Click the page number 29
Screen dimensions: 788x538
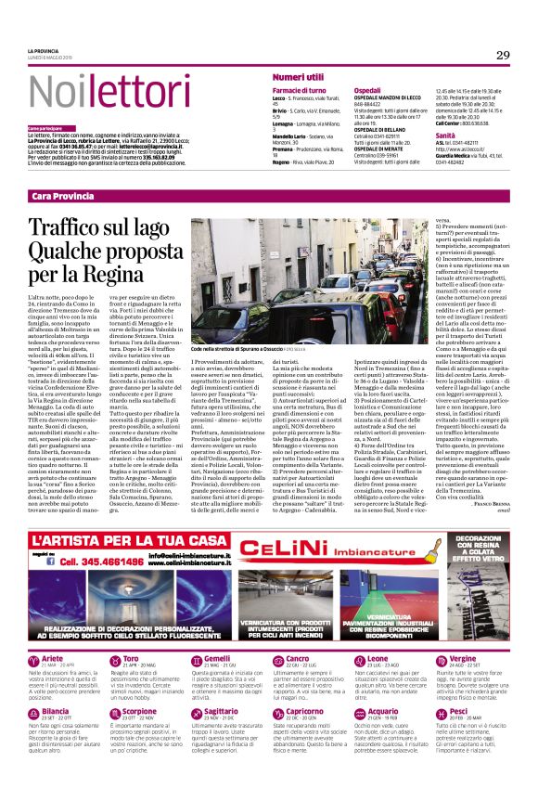coord(503,56)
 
